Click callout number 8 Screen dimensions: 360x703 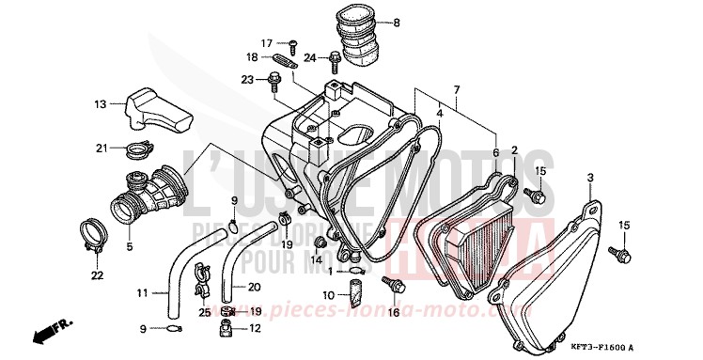tap(397, 23)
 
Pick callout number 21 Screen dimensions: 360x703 tap(100, 147)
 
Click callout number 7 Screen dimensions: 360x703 tap(456, 91)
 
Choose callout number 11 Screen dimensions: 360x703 tap(141, 293)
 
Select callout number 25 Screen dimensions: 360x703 tap(205, 311)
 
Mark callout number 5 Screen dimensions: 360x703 tap(131, 247)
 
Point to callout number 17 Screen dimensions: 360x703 tap(266, 42)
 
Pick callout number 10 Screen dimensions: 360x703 tap(328, 294)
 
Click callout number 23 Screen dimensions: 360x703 tap(247, 79)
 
